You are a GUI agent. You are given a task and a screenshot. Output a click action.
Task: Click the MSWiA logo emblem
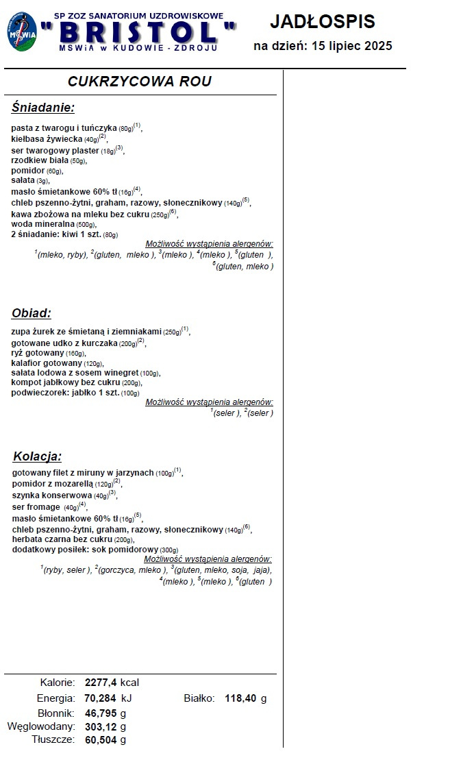click(x=23, y=31)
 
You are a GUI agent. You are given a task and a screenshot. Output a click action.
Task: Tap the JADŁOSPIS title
click(x=323, y=21)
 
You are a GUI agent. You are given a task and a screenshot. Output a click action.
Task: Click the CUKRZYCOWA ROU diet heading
click(x=139, y=82)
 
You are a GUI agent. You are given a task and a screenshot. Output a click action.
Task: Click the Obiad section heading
click(x=32, y=313)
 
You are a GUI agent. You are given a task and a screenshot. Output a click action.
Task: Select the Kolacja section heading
click(x=38, y=456)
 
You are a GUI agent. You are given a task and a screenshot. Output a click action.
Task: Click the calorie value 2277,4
click(x=101, y=683)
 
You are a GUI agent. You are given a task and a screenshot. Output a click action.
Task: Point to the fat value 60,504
click(x=101, y=739)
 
